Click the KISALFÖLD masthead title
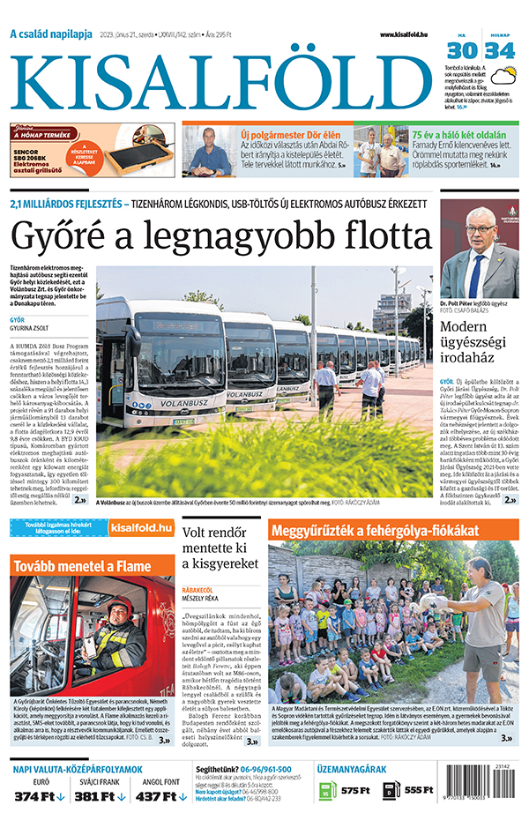[221, 80]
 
